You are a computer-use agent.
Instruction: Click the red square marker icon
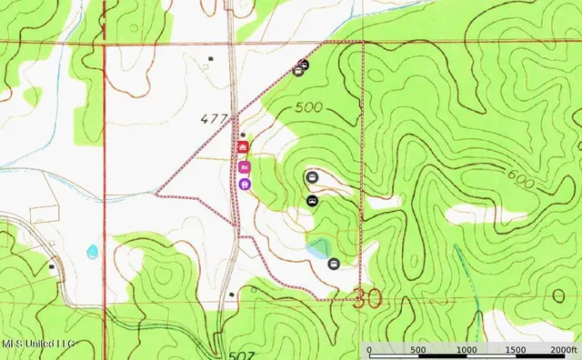tap(243, 146)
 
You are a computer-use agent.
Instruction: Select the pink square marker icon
tap(244, 166)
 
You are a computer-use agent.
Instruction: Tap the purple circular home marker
tap(245, 184)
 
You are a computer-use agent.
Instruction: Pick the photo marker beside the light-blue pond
tap(334, 264)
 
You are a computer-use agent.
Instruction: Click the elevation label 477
tap(215, 117)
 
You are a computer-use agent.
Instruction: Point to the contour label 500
tap(309, 107)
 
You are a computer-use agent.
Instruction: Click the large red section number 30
tap(367, 297)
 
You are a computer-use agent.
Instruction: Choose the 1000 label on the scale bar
tap(467, 350)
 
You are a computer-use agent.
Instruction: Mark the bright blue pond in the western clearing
tap(92, 251)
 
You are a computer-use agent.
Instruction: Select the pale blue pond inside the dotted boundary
tap(318, 247)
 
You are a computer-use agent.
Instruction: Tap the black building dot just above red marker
tap(243, 135)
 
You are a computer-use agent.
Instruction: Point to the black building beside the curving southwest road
tap(51, 267)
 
